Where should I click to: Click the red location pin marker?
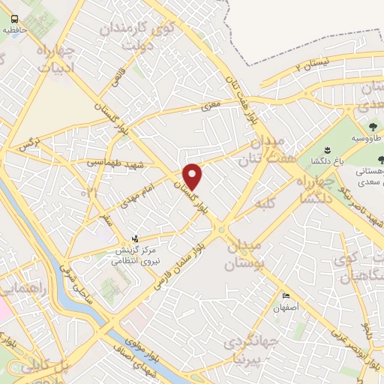tap(193, 176)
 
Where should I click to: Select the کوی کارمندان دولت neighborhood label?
tap(136, 34)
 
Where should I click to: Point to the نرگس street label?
tap(28, 143)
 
